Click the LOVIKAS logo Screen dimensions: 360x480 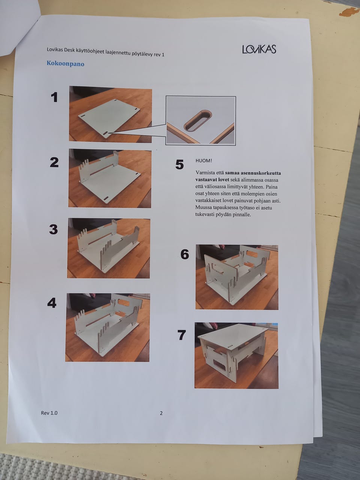259,49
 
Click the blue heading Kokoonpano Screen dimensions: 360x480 65,64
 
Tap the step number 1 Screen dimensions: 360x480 54,97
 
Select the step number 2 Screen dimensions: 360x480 54,162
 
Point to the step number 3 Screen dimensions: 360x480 54,229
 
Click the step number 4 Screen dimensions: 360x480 52,303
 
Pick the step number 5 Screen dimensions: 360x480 180,165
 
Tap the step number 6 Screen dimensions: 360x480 185,254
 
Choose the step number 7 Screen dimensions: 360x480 181,335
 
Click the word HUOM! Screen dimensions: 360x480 204,160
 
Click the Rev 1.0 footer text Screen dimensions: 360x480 49,413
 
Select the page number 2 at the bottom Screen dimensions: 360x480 161,413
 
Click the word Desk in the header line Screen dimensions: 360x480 69,50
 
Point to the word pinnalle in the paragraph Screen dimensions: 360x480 241,214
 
